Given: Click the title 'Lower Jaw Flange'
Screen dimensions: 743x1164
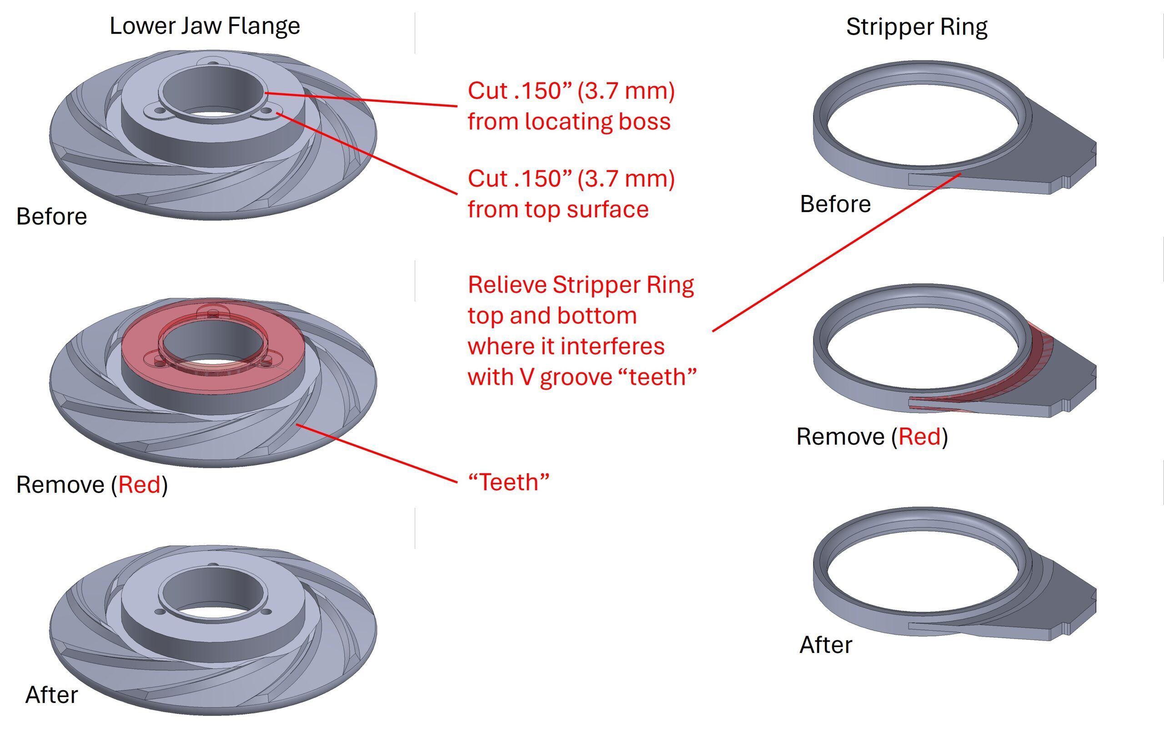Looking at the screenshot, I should click(x=205, y=25).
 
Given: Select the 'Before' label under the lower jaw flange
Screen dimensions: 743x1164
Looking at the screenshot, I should click(x=52, y=216).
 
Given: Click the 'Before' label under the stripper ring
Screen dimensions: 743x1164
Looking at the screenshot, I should click(x=835, y=204).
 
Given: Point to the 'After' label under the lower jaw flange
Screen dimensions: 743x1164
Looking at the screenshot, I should click(x=52, y=695).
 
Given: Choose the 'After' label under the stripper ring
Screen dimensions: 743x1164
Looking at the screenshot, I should click(x=826, y=644).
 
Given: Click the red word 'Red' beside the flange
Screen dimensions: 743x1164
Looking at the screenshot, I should click(x=139, y=484).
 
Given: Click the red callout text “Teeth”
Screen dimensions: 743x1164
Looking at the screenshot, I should click(x=508, y=482).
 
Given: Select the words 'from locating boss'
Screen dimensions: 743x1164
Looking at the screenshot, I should click(x=569, y=121).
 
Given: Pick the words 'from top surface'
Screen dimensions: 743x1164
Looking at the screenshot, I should click(x=558, y=209).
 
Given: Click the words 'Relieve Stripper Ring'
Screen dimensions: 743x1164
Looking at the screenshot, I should click(x=581, y=285).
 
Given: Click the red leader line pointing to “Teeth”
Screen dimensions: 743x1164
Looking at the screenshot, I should click(x=377, y=453).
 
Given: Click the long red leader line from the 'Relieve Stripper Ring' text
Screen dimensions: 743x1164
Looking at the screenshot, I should click(x=836, y=252).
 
